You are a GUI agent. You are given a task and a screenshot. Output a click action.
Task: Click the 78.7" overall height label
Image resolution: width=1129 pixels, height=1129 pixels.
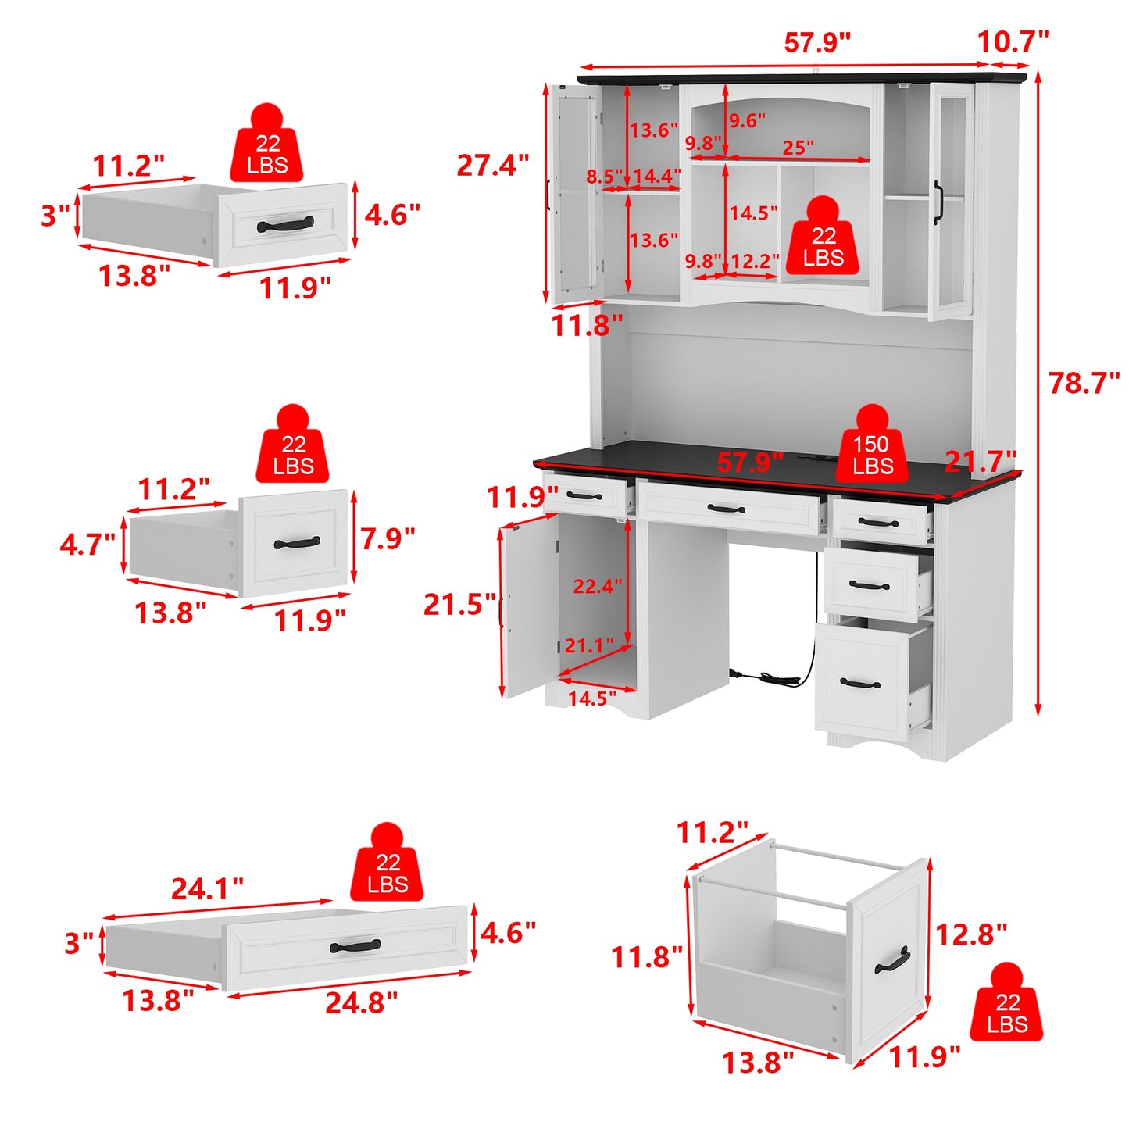[1084, 384]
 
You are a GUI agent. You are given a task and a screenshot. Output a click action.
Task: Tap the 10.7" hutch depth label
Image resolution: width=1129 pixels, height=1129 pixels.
[1013, 41]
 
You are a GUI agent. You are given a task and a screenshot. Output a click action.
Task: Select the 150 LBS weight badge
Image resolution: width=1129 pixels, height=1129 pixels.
[871, 455]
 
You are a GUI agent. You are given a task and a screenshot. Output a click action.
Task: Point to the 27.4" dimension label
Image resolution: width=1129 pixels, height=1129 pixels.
[492, 166]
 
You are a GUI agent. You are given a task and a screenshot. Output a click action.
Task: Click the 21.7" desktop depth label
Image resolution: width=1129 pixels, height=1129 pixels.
[980, 462]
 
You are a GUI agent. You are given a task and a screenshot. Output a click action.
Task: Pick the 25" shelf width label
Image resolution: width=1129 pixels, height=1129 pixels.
[798, 147]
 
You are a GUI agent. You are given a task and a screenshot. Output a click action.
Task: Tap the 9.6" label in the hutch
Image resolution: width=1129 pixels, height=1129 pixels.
[747, 121]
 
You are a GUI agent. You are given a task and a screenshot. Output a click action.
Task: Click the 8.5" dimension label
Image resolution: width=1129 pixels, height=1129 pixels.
[604, 177]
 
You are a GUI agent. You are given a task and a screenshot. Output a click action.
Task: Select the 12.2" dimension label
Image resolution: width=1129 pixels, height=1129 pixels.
[755, 261]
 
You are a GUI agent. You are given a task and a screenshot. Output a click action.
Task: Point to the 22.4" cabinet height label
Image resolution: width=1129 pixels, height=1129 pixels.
[597, 586]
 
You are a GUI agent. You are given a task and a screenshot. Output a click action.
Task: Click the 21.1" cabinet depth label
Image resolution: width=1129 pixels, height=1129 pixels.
[588, 645]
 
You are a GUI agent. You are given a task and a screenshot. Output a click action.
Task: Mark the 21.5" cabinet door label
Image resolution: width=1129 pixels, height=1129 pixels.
[459, 605]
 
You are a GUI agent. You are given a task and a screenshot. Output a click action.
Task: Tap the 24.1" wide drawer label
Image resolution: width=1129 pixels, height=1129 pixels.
[207, 888]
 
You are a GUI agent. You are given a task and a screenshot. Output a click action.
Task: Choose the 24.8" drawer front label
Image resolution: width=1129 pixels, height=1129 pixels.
[361, 1002]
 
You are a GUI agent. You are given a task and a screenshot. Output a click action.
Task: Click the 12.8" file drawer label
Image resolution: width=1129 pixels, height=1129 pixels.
[970, 934]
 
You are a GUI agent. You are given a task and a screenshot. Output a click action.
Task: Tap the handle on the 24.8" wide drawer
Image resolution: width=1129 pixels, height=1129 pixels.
[355, 946]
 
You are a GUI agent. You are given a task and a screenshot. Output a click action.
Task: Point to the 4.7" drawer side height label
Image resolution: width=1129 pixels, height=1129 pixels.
[88, 545]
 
